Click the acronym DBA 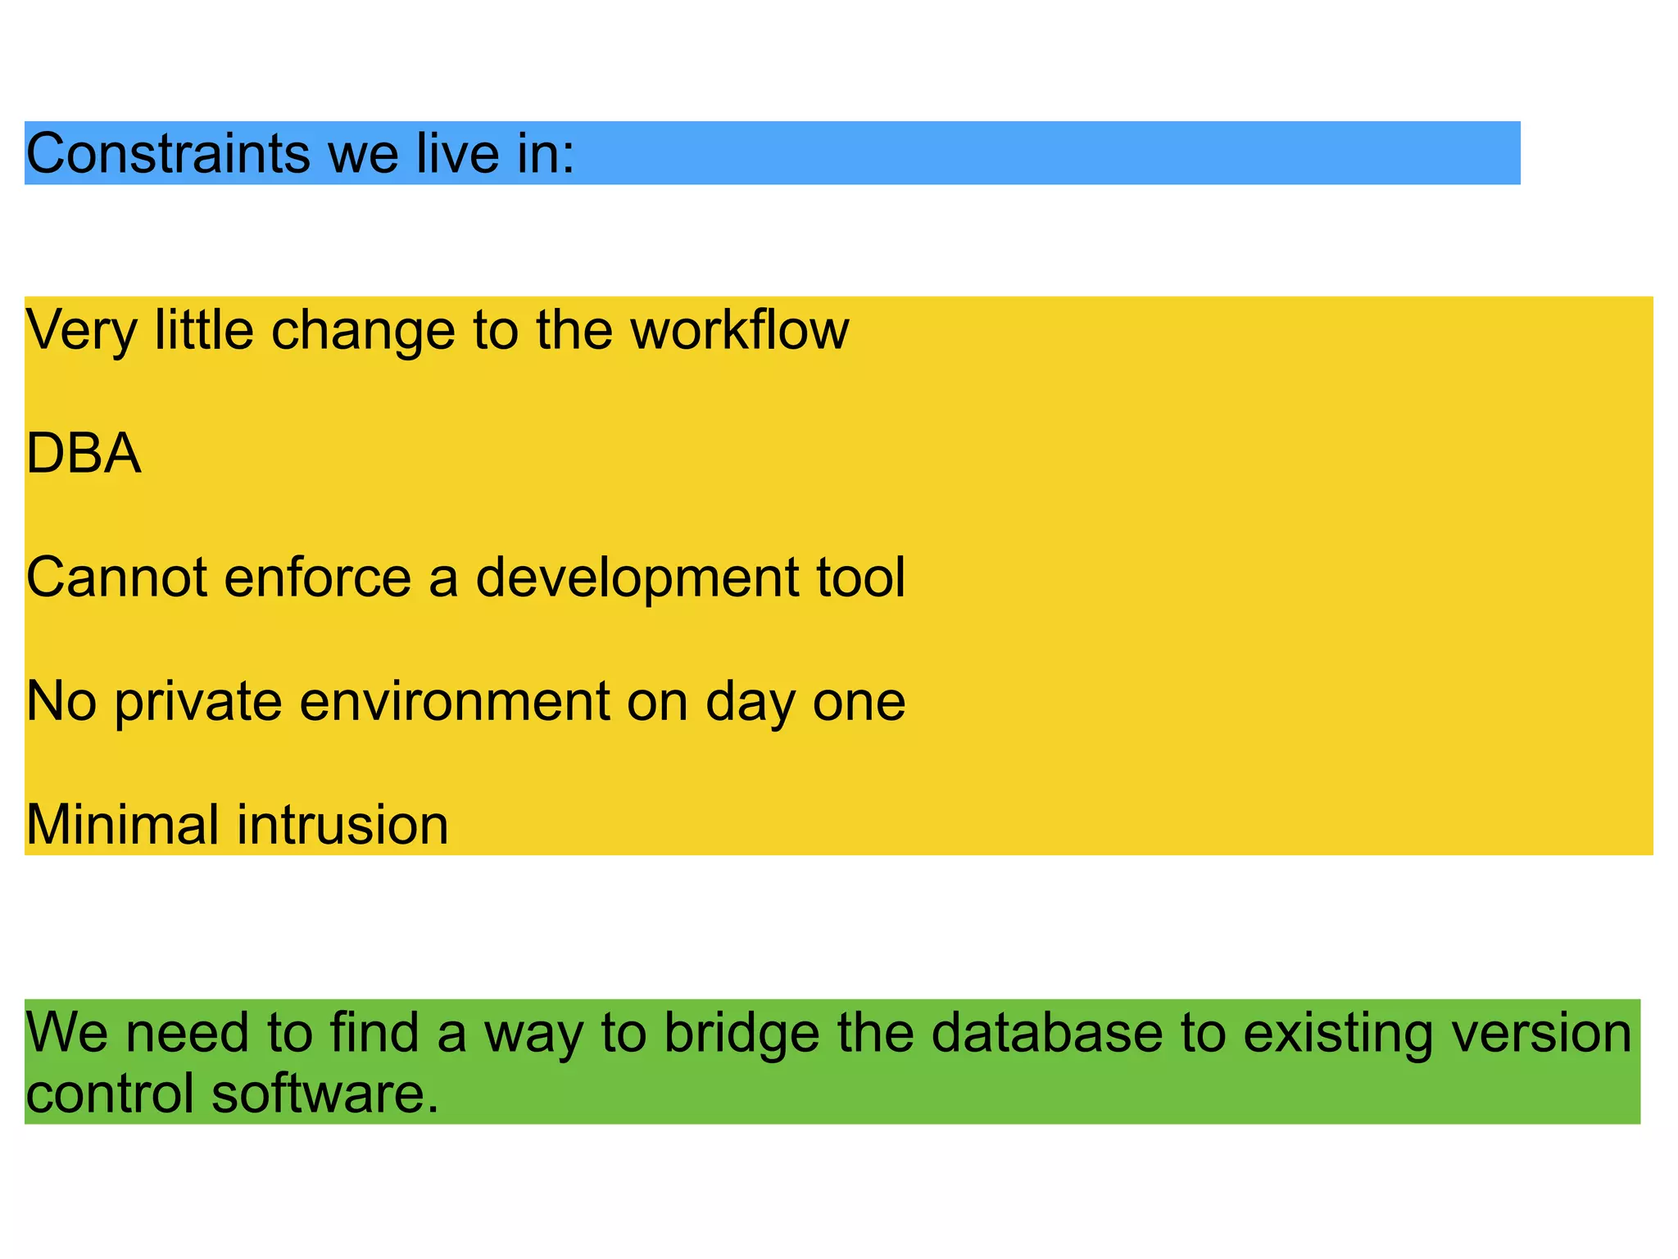click(84, 454)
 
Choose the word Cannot click(117, 577)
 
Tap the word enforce click(317, 577)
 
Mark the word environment click(455, 702)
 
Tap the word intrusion click(343, 825)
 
